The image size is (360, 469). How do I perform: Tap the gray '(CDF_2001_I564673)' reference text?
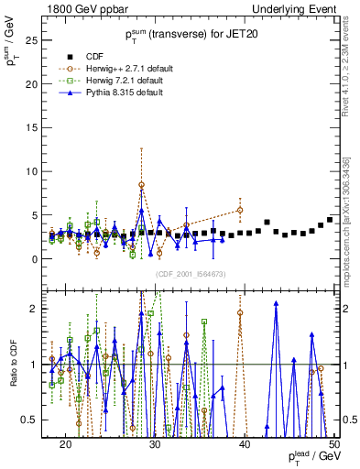pos(191,274)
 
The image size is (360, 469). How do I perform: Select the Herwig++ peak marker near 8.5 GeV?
pos(141,185)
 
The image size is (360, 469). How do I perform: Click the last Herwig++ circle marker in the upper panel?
pos(240,210)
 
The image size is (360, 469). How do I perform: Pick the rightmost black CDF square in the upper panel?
pos(330,220)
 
